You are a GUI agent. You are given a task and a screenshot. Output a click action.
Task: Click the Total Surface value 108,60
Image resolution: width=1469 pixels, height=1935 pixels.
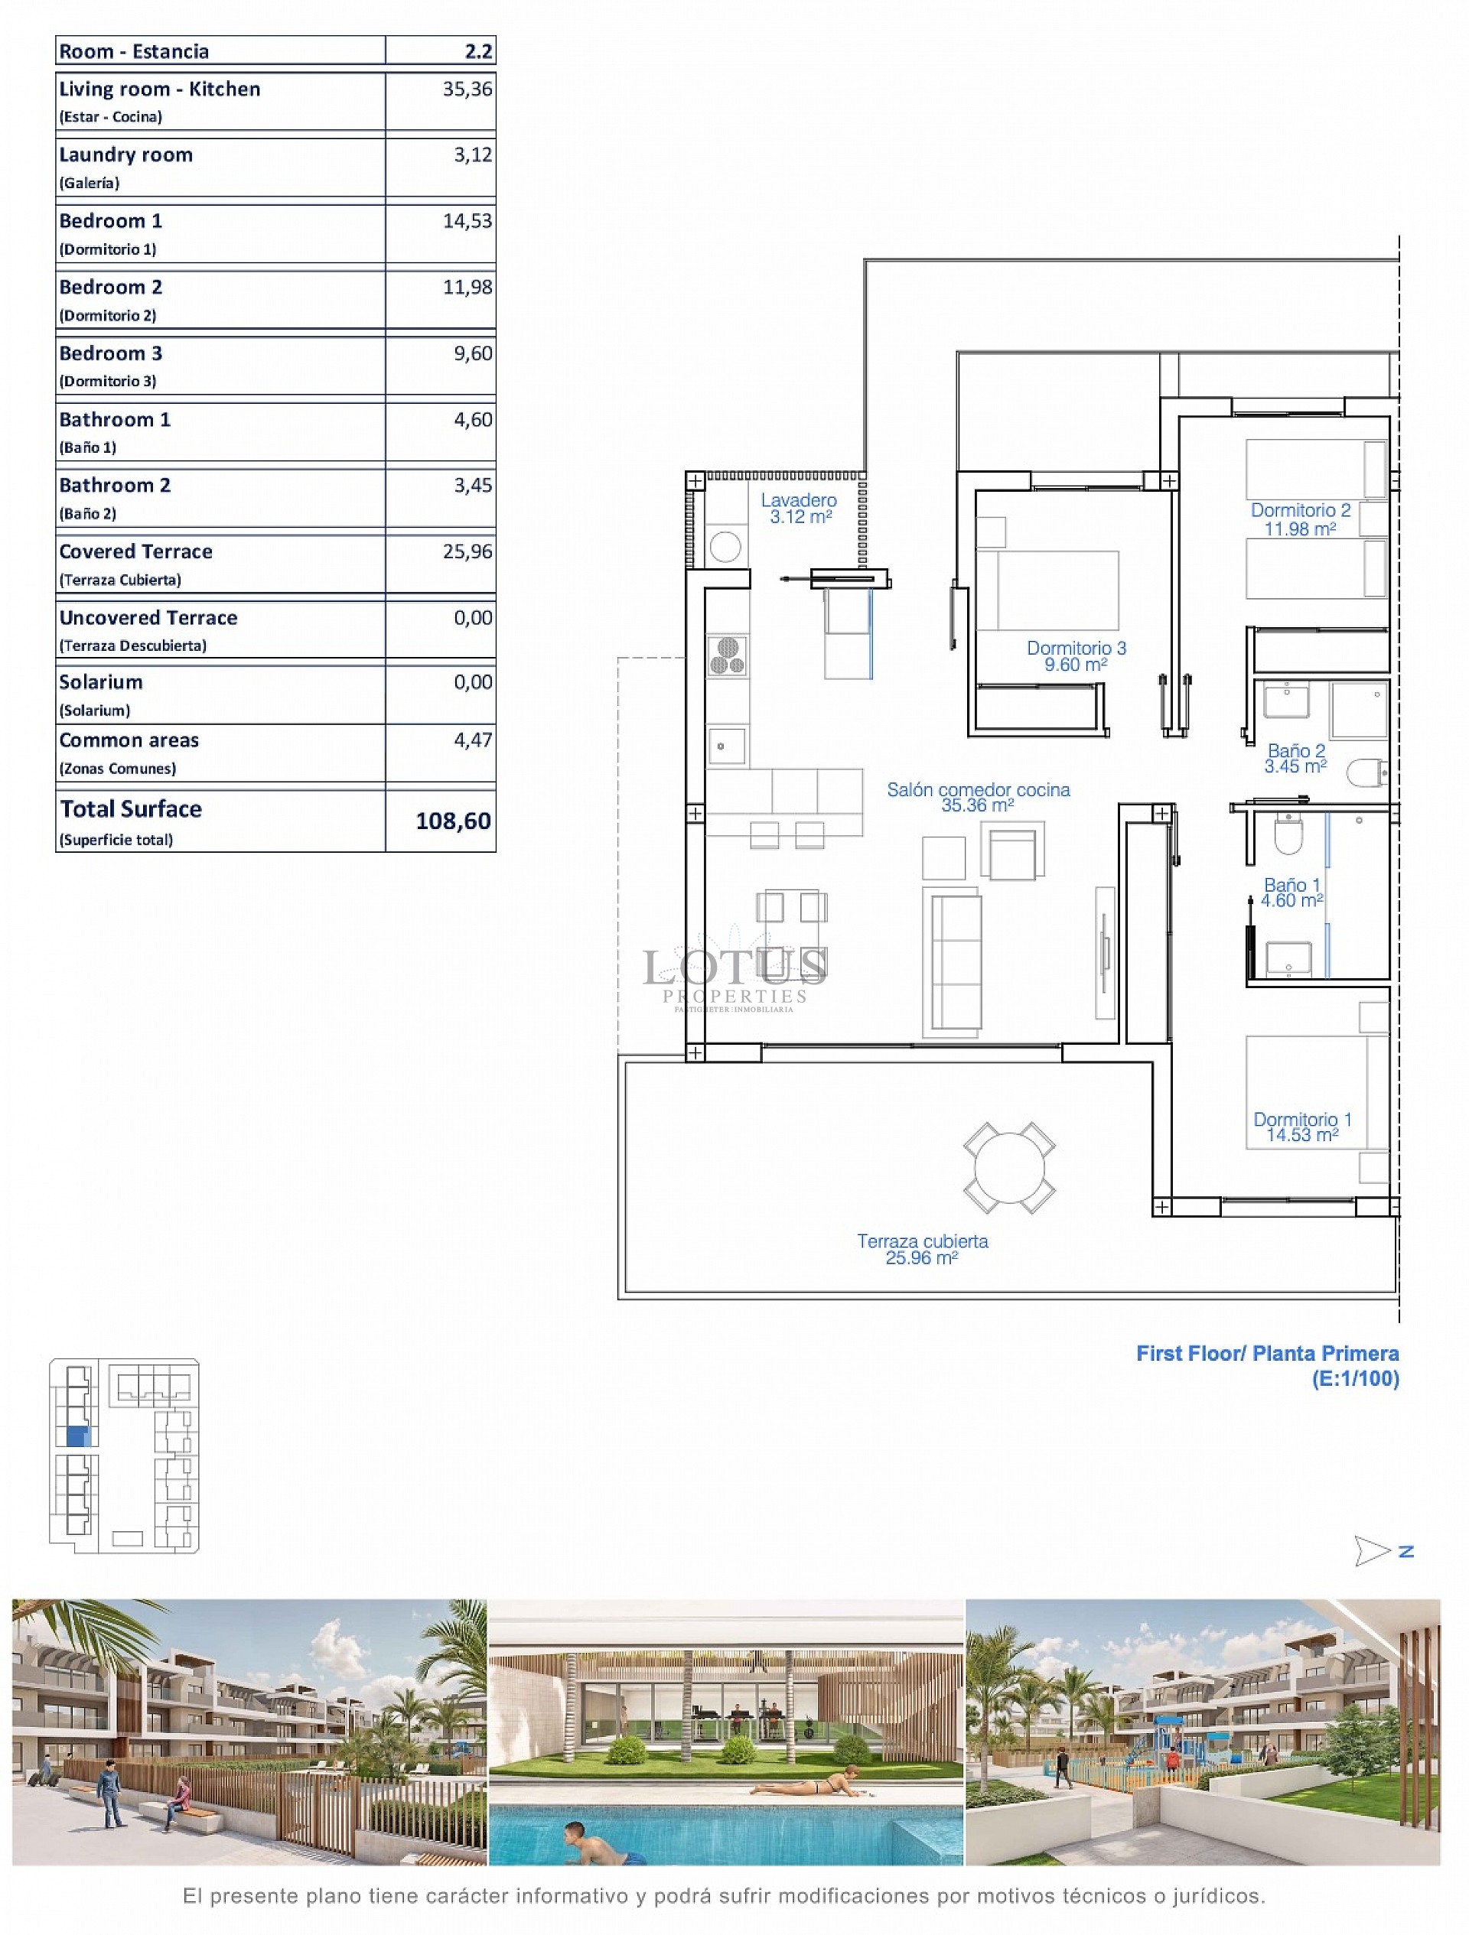point(453,821)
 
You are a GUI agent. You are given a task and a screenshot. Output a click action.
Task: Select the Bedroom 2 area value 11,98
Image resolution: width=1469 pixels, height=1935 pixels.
point(467,287)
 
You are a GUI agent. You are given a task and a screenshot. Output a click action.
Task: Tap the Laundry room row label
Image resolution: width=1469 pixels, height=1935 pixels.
point(126,154)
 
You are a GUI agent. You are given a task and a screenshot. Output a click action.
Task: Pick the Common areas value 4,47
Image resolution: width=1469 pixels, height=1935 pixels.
point(473,740)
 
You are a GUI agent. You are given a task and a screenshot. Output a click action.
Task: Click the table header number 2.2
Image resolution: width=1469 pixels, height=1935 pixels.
point(479,51)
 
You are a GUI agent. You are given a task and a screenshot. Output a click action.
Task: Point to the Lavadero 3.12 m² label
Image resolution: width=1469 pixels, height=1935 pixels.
point(799,509)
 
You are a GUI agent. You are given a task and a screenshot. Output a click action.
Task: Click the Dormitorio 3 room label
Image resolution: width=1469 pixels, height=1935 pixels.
point(1077,649)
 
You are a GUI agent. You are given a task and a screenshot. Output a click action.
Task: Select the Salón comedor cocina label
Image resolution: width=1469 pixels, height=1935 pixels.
point(978,790)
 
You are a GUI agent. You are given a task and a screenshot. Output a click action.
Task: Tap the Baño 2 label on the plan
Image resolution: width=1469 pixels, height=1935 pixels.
point(1296,750)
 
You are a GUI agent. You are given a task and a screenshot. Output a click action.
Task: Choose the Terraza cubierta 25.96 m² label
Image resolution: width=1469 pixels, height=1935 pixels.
point(922,1249)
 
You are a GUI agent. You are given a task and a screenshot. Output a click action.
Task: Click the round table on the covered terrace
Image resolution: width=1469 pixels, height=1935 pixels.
point(1008,1169)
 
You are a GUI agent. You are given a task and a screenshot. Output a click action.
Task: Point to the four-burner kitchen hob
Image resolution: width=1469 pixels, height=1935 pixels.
point(727,656)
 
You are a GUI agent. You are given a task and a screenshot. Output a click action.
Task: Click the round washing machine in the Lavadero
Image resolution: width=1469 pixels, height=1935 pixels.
point(725,548)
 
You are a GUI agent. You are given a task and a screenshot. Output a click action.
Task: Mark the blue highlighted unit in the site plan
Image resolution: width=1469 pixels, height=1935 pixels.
point(79,1436)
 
